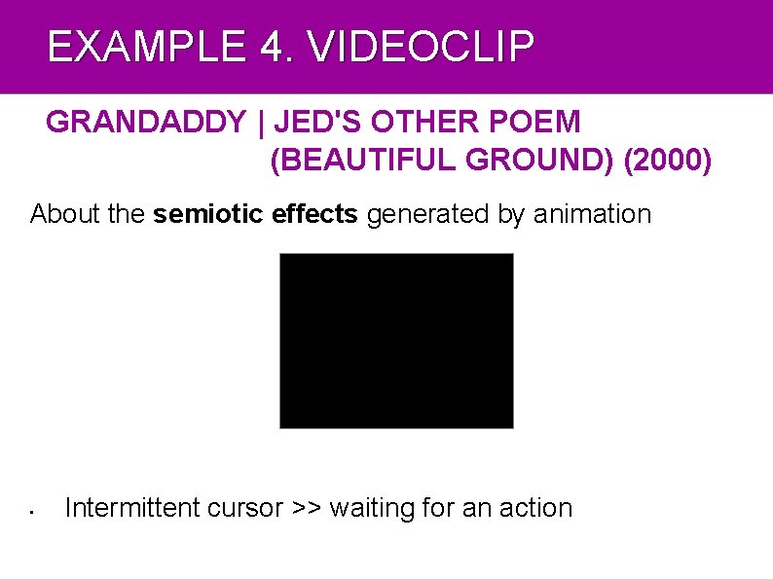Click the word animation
point(592,214)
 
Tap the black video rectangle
point(396,341)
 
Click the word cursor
point(246,508)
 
